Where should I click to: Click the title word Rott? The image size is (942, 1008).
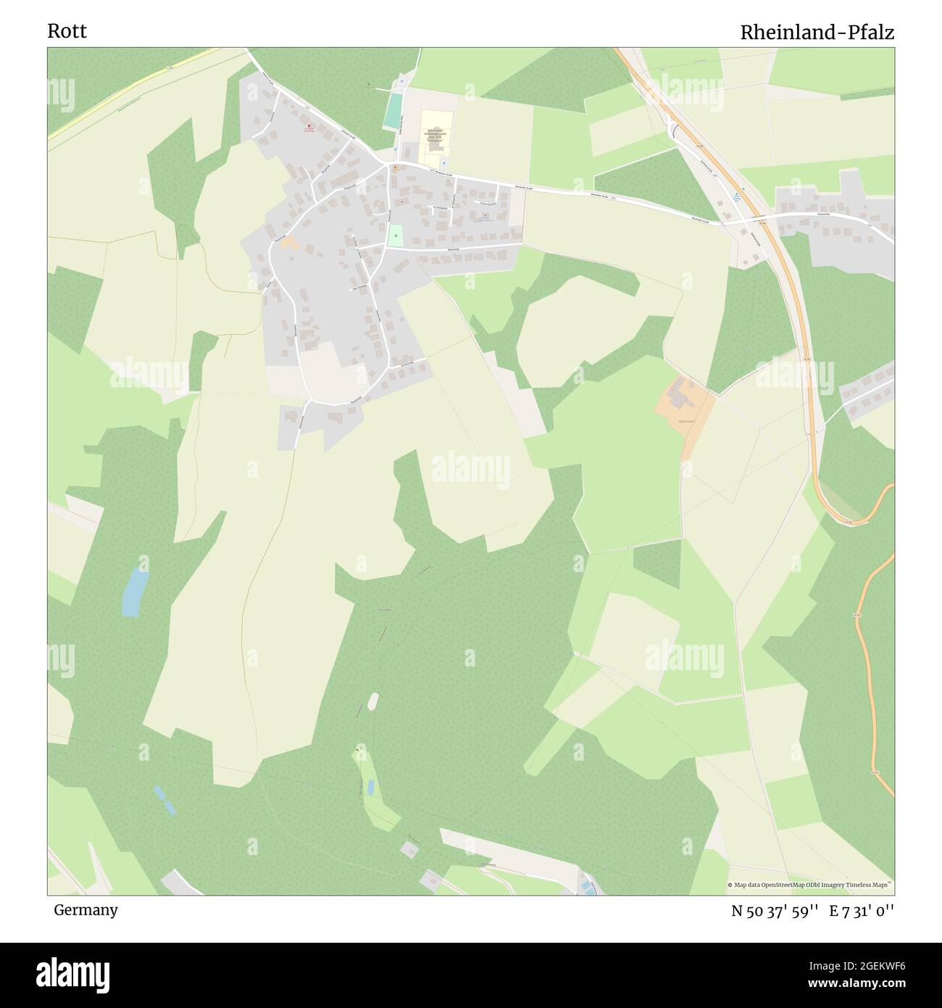67,31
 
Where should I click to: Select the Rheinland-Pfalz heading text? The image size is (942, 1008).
817,32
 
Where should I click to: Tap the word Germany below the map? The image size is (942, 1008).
86,909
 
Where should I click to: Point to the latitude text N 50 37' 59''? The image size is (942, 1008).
775,911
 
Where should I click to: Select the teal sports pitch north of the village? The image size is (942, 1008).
393,110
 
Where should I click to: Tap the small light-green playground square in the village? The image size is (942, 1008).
395,235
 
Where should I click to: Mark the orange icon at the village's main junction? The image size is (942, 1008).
395,168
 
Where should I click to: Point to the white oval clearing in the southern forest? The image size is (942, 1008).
373,701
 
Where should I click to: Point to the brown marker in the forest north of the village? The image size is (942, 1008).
369,85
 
